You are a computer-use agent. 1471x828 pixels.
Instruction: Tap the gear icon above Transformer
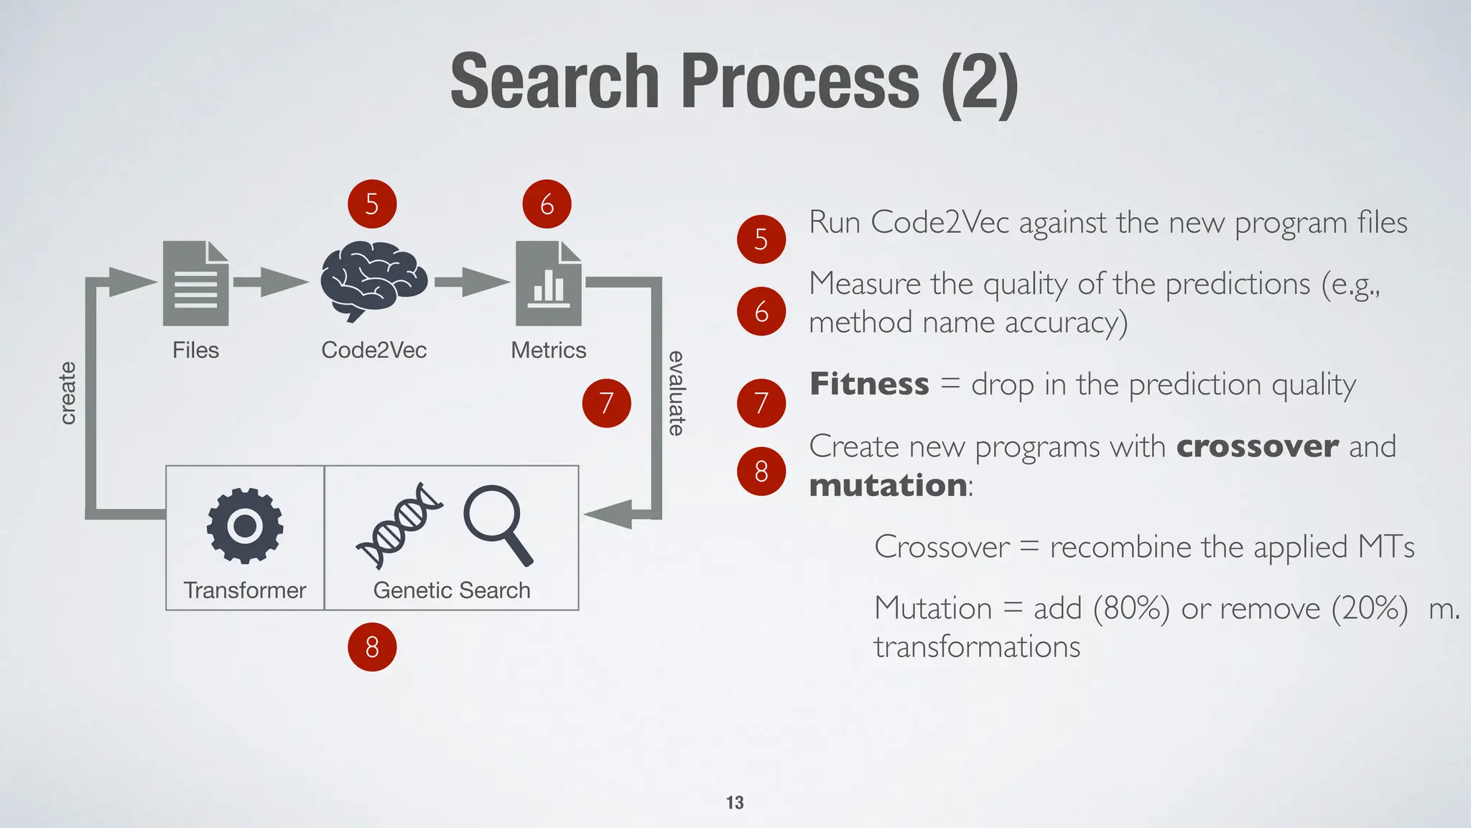[x=245, y=525]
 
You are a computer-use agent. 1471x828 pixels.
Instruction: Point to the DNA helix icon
[x=399, y=525]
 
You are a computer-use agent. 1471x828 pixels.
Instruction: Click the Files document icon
[x=195, y=283]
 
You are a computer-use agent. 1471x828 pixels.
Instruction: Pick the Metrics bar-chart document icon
[x=549, y=283]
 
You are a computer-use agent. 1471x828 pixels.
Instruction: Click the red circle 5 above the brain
[x=372, y=204]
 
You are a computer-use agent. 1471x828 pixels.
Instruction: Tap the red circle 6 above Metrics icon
[x=547, y=204]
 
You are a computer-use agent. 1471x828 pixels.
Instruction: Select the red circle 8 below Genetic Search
[x=372, y=647]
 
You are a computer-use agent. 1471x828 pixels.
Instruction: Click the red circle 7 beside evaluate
[x=606, y=402]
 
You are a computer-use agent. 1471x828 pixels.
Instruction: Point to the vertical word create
[x=68, y=393]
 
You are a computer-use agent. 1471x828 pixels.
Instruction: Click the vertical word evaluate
[x=676, y=393]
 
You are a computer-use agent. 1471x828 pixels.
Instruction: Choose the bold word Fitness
[x=869, y=384]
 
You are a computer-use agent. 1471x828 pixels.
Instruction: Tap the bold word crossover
[x=1257, y=446]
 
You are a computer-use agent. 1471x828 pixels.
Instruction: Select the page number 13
[x=735, y=802]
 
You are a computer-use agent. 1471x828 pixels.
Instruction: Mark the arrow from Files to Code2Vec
[x=270, y=282]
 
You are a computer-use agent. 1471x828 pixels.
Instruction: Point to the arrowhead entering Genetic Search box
[x=608, y=514]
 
